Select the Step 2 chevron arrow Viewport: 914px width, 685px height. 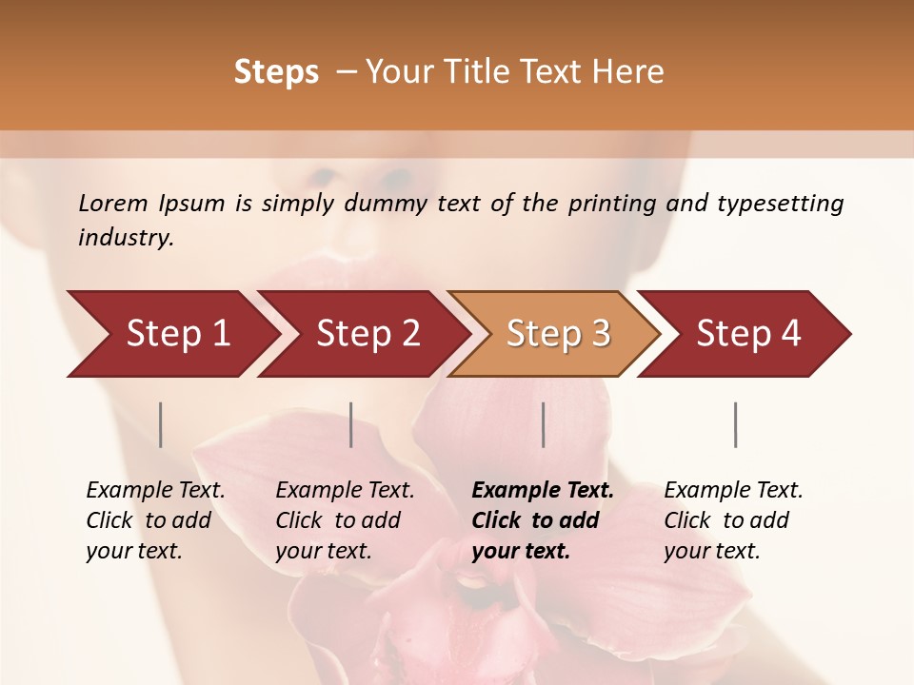pyautogui.click(x=367, y=333)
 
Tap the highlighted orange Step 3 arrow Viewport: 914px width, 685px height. pyautogui.click(x=557, y=333)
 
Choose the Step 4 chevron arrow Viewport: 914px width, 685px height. pyautogui.click(x=747, y=333)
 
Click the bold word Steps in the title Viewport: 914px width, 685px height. pyautogui.click(x=276, y=72)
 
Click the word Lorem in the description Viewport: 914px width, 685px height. pyautogui.click(x=113, y=203)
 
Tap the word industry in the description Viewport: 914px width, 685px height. pyautogui.click(x=126, y=238)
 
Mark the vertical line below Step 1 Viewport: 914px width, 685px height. pyautogui.click(x=161, y=424)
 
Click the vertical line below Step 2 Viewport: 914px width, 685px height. pyautogui.click(x=351, y=424)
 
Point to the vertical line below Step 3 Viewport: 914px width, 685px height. pyautogui.click(x=544, y=424)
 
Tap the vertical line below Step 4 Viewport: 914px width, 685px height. pyautogui.click(x=736, y=424)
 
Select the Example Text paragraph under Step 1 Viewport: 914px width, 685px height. pyautogui.click(x=155, y=520)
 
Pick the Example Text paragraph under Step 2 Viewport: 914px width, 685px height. pyautogui.click(x=345, y=520)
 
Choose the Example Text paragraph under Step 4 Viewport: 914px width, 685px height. pyautogui.click(x=733, y=520)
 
